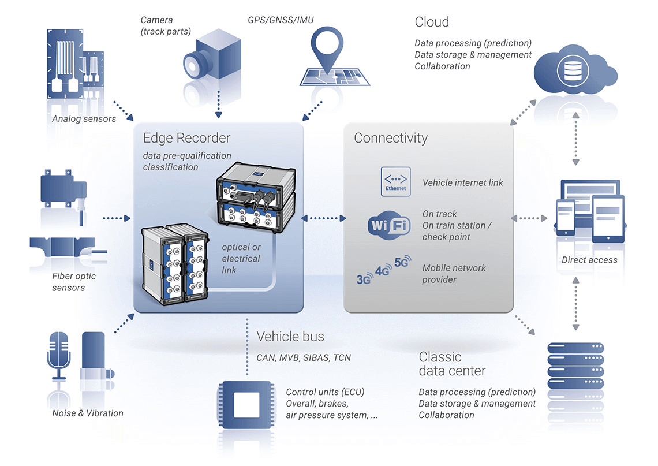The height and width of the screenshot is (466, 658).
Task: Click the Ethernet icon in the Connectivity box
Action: [395, 181]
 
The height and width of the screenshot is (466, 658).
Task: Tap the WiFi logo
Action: [389, 225]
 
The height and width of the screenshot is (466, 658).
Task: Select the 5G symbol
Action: [403, 262]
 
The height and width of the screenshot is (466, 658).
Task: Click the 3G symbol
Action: [364, 279]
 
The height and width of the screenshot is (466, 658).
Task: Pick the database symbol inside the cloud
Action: [573, 70]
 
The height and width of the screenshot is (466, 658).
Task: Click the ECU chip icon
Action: [246, 405]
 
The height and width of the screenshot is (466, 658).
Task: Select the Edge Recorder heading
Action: [187, 137]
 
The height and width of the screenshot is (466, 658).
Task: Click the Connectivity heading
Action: [391, 137]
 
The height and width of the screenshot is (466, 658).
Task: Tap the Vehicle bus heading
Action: [290, 336]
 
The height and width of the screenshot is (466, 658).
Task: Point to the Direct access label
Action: [589, 260]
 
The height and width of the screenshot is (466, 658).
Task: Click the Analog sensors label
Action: [84, 119]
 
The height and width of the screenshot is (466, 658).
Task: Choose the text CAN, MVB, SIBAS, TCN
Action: [304, 357]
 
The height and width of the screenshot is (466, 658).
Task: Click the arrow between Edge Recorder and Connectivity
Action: [324, 218]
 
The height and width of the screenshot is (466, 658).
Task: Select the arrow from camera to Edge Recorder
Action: [219, 104]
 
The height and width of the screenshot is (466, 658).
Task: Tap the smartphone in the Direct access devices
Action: [565, 217]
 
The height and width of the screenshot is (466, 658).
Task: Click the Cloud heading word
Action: [432, 22]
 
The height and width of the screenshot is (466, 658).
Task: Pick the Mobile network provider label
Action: [454, 274]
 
